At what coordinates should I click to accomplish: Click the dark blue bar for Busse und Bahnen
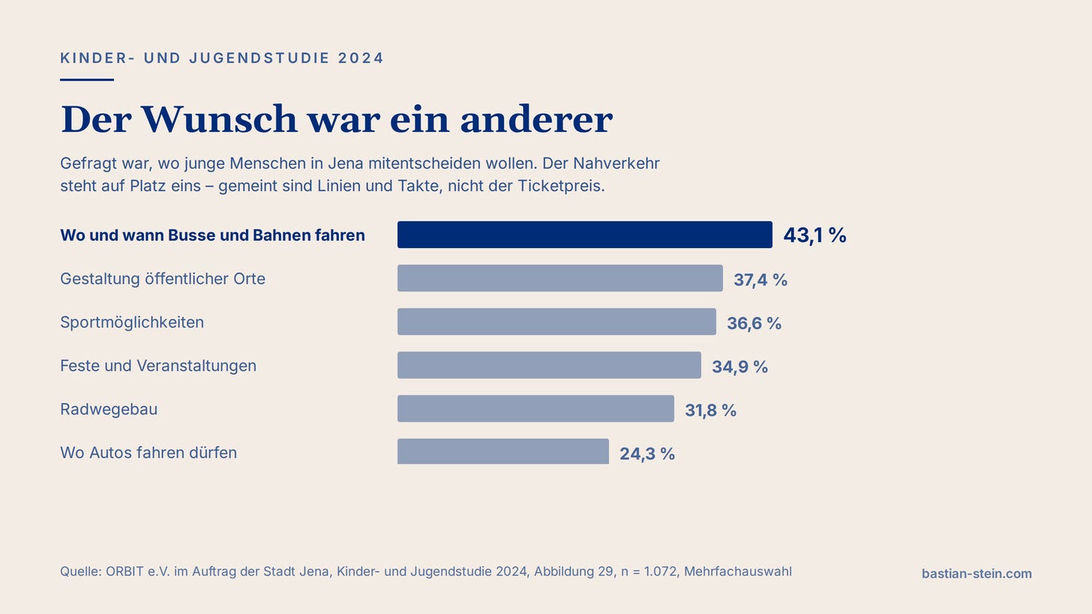click(584, 235)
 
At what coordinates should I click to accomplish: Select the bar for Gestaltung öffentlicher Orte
click(559, 278)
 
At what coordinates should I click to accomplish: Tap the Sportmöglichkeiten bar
click(556, 322)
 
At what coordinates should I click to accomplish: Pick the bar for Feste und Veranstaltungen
click(549, 365)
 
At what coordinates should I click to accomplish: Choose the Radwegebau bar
click(535, 409)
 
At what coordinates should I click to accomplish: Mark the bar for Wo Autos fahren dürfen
click(502, 451)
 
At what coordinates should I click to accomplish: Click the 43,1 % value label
click(814, 235)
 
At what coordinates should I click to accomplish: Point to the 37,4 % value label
click(760, 280)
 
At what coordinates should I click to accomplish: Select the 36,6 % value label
click(754, 323)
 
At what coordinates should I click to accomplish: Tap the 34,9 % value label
click(739, 367)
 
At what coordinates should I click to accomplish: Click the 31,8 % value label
click(710, 410)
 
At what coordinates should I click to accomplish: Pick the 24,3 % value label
click(647, 454)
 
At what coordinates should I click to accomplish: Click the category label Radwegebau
click(109, 409)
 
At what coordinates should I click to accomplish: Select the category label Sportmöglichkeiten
click(132, 322)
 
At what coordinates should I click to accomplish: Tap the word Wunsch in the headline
click(219, 119)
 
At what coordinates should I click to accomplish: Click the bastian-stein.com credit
click(976, 574)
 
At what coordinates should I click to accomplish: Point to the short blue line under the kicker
click(87, 79)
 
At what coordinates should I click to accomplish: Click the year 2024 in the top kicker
click(361, 58)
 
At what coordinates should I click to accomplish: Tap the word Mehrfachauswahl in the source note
click(737, 571)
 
